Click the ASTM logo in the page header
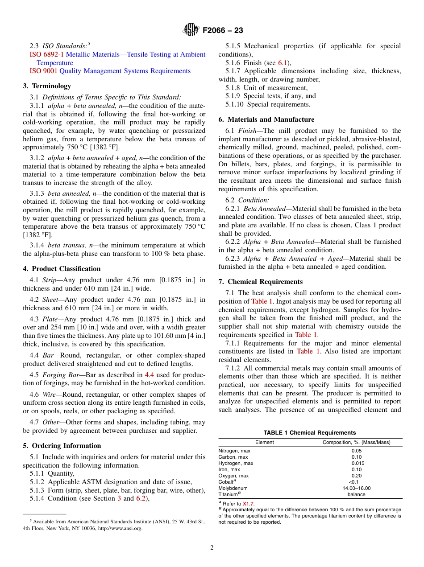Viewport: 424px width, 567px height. [x=191, y=30]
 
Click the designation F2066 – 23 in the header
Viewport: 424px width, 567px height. [x=223, y=31]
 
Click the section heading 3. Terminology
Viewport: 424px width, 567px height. [x=47, y=86]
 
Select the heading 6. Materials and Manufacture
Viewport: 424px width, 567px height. [x=266, y=119]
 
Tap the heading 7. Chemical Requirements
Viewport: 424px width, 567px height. [x=260, y=282]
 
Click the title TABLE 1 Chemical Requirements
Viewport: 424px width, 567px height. [x=310, y=433]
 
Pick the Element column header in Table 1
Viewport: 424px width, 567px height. [x=264, y=442]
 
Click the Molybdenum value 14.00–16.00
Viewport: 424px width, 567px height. [x=356, y=488]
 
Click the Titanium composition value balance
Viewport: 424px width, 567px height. [x=356, y=494]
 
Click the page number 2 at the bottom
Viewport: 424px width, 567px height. [x=212, y=548]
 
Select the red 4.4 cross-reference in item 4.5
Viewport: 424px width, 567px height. [x=149, y=375]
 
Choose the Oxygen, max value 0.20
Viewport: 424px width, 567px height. [x=356, y=476]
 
